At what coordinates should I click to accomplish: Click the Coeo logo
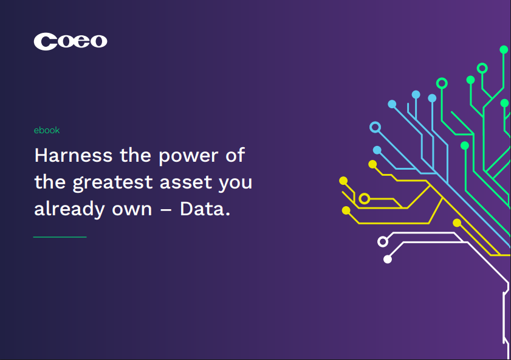tap(70, 41)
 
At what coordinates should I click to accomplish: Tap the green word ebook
tap(47, 130)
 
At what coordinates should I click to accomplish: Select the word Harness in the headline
tap(74, 155)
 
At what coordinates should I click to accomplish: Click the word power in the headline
tap(188, 157)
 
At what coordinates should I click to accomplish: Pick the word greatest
tap(112, 183)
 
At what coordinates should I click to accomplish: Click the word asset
tap(185, 182)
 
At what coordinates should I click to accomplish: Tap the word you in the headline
tap(235, 184)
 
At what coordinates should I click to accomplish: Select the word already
tap(69, 210)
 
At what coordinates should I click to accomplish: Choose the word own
tap(132, 210)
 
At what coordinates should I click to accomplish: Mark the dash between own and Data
tap(166, 210)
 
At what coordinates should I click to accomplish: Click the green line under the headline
tap(60, 237)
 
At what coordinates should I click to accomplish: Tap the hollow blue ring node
tap(376, 127)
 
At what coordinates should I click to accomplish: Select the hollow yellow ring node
tap(365, 198)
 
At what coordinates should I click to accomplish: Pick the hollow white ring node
tap(383, 241)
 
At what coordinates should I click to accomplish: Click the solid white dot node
tap(388, 259)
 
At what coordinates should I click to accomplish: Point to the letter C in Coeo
tap(46, 41)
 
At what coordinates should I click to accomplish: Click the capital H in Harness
tap(41, 155)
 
